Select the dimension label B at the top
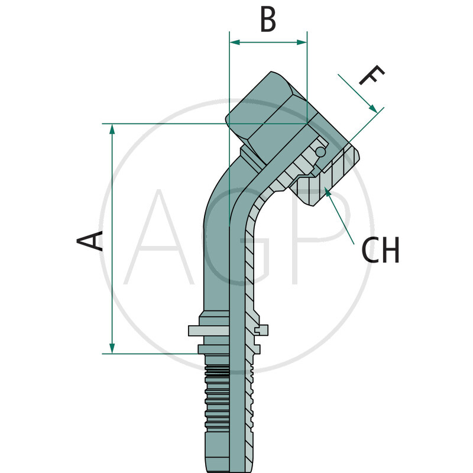(x=268, y=20)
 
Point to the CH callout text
(x=381, y=251)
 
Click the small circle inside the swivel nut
(x=320, y=152)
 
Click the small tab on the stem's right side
(x=262, y=329)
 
